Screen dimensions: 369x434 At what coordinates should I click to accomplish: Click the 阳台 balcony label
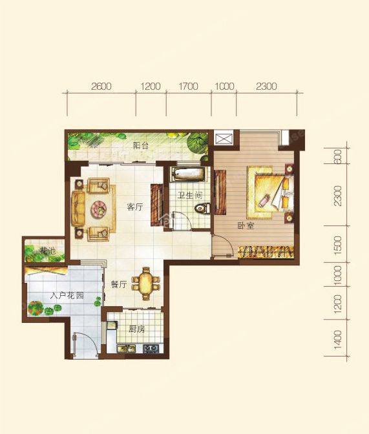click(x=140, y=145)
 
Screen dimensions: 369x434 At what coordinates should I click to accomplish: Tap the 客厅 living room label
click(x=134, y=207)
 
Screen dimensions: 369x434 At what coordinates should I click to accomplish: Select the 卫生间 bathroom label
click(x=190, y=196)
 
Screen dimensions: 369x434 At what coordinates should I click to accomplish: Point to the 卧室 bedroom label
click(x=246, y=226)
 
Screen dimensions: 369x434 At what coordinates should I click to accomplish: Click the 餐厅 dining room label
click(x=119, y=285)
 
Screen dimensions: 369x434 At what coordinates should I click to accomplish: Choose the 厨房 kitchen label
click(x=137, y=329)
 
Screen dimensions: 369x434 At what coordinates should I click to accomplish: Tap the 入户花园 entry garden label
click(x=67, y=296)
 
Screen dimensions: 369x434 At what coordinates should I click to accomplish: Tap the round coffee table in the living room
click(x=99, y=209)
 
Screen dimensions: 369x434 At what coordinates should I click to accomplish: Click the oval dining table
click(x=145, y=284)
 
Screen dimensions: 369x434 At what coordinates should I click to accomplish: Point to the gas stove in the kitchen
click(x=151, y=348)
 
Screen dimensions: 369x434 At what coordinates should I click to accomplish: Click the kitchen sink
click(x=126, y=348)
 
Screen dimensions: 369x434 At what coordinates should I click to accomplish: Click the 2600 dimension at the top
click(x=101, y=87)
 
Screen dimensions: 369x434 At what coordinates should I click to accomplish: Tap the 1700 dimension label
click(x=188, y=87)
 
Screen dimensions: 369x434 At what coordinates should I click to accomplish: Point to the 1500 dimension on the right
click(x=338, y=244)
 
